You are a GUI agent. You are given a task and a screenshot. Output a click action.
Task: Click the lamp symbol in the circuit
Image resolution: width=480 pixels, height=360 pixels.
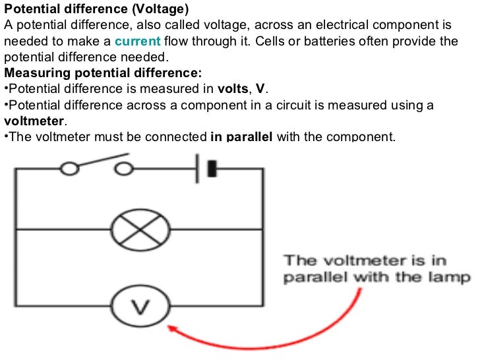click(x=139, y=229)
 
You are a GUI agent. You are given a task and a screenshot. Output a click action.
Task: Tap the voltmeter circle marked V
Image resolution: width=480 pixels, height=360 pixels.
click(x=139, y=307)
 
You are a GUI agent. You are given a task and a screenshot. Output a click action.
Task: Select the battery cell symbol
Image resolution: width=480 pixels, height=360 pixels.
click(x=205, y=169)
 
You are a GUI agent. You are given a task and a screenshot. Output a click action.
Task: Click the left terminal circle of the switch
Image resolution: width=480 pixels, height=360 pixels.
click(x=69, y=169)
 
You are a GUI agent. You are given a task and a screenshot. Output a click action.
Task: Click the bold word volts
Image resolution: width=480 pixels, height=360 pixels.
click(x=233, y=90)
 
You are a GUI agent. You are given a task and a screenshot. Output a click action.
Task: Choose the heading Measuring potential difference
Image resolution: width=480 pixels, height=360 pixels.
click(x=103, y=73)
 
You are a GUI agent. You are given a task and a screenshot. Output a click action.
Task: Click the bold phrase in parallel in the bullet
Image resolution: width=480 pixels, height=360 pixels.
click(x=241, y=137)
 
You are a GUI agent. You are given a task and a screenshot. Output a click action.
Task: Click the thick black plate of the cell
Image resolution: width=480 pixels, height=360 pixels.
click(x=212, y=169)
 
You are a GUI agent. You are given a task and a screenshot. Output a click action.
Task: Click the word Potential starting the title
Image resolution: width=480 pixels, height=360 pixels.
click(x=30, y=10)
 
